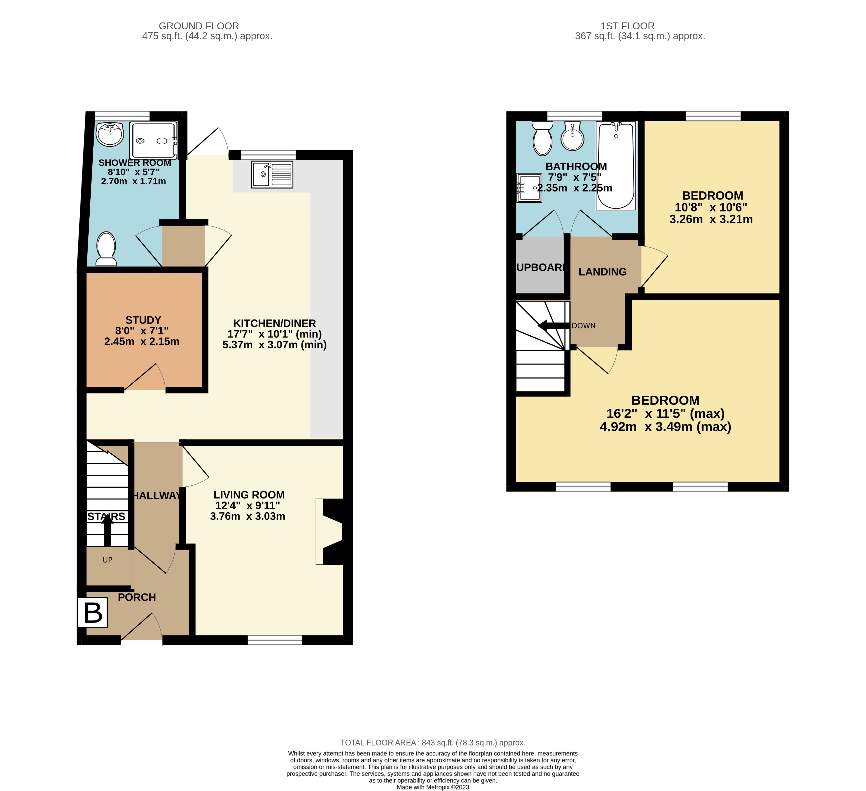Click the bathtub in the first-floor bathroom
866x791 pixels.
(616, 166)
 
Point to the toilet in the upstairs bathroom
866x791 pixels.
(543, 138)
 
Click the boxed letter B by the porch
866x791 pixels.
(92, 613)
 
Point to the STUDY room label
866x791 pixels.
(143, 320)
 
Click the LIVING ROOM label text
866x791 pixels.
(249, 495)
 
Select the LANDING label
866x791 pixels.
(602, 272)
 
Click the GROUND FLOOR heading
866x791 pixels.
(199, 26)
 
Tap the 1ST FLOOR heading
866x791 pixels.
(628, 26)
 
